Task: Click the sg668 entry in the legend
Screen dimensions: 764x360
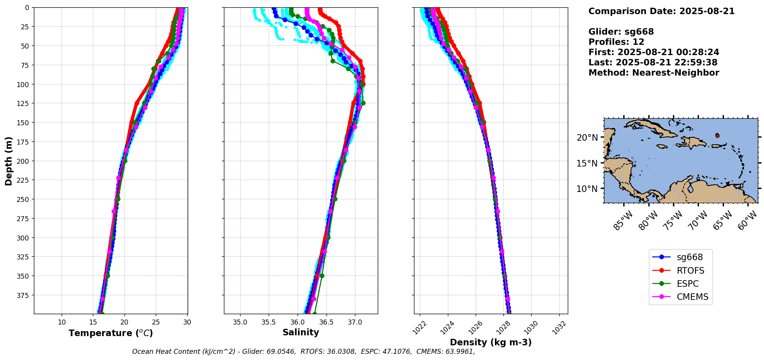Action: point(681,257)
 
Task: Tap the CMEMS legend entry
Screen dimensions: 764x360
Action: point(680,297)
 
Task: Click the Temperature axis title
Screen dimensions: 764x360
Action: point(111,333)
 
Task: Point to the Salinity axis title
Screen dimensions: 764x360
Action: point(301,332)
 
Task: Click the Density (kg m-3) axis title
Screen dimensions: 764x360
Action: point(491,342)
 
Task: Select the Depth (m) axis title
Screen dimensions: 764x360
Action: point(8,161)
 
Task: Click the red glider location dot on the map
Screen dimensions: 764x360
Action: point(717,136)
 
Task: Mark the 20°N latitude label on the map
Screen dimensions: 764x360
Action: point(587,138)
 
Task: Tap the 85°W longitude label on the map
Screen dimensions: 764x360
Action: point(623,221)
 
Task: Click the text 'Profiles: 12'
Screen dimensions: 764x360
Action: point(616,42)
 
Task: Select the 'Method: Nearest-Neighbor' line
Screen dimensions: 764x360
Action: point(654,73)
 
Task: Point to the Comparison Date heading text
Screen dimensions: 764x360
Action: point(661,11)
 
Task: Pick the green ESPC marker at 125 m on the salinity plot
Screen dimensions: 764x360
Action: point(363,103)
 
